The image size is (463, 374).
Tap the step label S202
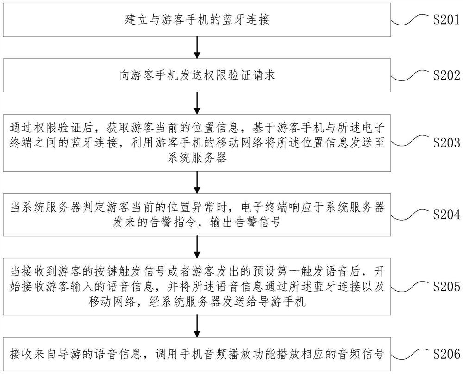tap(444, 75)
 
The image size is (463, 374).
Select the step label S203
tap(444, 142)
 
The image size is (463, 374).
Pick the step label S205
tap(444, 287)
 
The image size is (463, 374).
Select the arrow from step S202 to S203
tap(198, 102)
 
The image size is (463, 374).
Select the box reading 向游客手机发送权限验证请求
tap(198, 75)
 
